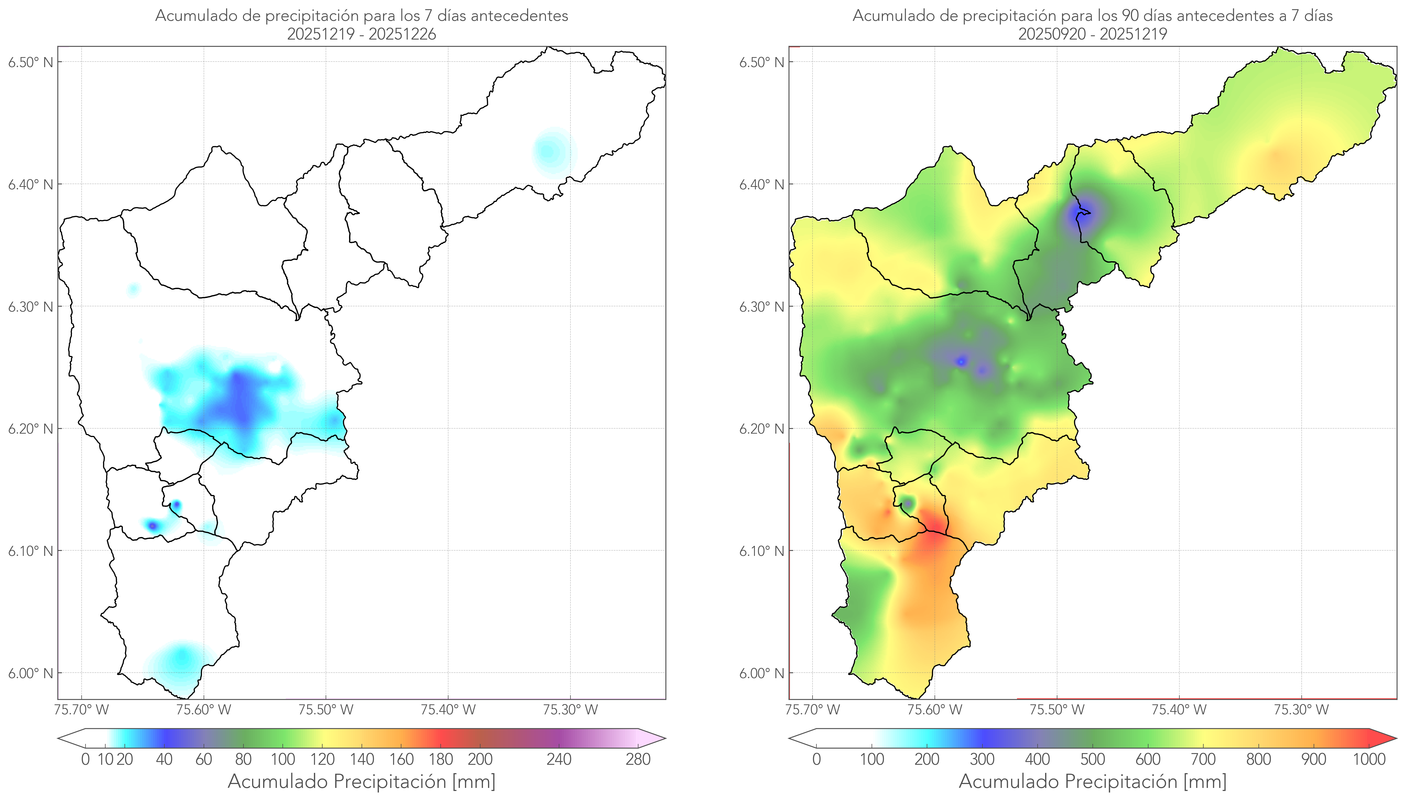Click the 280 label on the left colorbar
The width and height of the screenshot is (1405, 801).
(638, 760)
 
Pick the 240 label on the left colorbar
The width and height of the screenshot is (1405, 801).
(559, 760)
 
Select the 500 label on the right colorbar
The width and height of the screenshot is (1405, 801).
(1092, 760)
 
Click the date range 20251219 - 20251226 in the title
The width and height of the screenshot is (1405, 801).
(362, 34)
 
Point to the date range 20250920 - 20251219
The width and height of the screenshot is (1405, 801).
(1092, 34)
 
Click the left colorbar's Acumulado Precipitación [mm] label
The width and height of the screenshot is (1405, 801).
(362, 782)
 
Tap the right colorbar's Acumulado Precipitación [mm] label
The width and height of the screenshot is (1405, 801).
(1092, 782)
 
